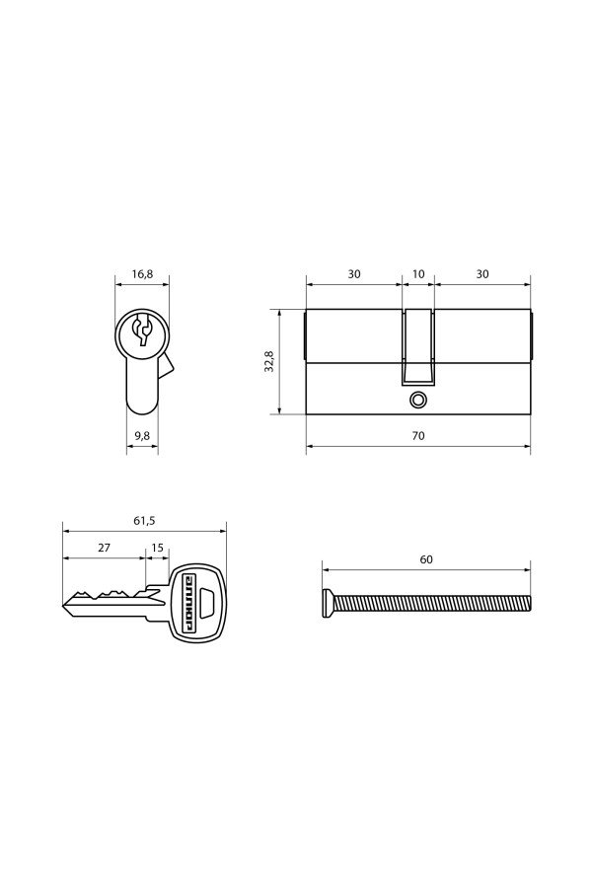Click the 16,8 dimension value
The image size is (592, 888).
[x=142, y=274]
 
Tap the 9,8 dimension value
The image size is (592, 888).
[x=142, y=436]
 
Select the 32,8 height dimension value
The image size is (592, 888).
[x=269, y=361]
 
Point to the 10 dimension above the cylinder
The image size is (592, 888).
[x=418, y=274]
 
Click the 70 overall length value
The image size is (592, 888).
[x=418, y=436]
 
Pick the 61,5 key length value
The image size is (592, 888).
[x=144, y=521]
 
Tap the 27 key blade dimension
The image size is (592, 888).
[x=105, y=548]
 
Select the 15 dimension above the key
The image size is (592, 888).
[x=158, y=548]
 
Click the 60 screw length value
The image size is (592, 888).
[x=426, y=559]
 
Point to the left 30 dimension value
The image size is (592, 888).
[x=354, y=274]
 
